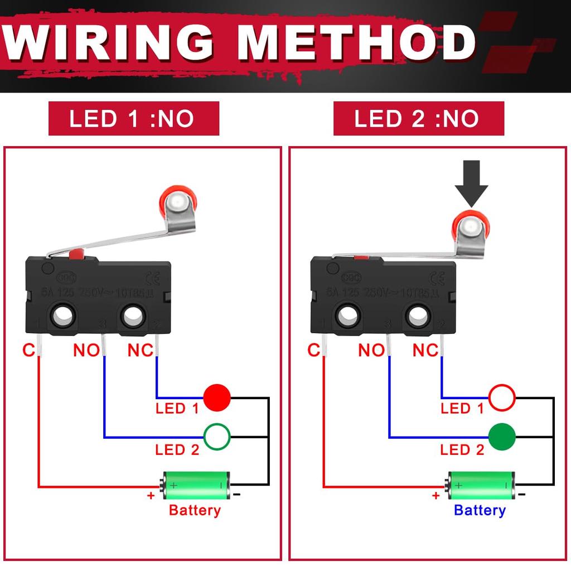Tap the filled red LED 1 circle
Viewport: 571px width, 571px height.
(x=217, y=397)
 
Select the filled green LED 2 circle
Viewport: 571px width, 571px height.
(x=502, y=437)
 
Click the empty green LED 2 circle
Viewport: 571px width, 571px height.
(x=217, y=437)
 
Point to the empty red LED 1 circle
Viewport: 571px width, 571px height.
(x=502, y=397)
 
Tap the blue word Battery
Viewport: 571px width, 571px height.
(x=480, y=510)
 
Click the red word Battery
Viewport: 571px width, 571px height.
(x=195, y=510)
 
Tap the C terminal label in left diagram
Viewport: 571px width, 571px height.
(x=29, y=350)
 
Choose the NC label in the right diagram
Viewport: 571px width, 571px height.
(x=425, y=350)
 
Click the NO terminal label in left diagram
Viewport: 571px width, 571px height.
(x=86, y=350)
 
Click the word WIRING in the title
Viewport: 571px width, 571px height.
(x=109, y=43)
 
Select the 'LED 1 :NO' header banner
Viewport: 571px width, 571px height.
(x=134, y=118)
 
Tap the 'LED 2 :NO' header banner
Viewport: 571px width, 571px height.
(x=418, y=118)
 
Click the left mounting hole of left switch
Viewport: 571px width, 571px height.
(x=63, y=316)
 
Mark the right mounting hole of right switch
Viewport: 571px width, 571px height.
(x=417, y=317)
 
